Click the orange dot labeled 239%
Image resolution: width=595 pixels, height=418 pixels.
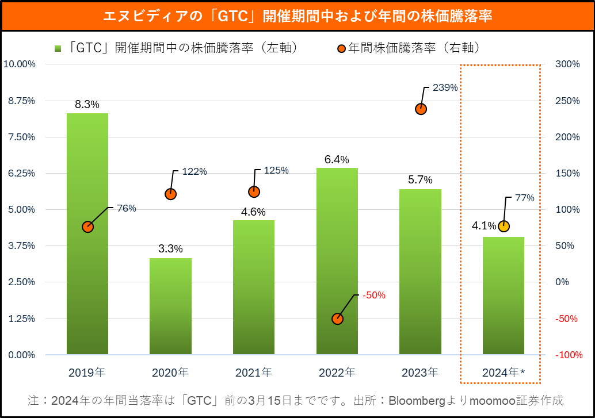[421, 109]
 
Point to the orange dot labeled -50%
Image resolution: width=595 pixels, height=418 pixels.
[338, 319]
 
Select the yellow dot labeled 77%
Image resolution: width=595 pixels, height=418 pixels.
[504, 226]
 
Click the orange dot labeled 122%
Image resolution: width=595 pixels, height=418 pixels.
[170, 194]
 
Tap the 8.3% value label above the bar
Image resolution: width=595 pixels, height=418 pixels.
[87, 105]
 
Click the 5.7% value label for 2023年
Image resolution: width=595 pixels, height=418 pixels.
[420, 180]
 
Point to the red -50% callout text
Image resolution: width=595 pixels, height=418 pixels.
[374, 296]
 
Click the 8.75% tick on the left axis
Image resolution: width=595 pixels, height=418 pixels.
[20, 101]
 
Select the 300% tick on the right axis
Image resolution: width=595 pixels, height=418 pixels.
[567, 64]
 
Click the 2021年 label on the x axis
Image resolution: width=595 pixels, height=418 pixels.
[254, 373]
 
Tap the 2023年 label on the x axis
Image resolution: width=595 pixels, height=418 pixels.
[421, 373]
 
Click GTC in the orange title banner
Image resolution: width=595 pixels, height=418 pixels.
[234, 16]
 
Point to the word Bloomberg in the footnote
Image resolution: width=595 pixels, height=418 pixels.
[421, 400]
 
